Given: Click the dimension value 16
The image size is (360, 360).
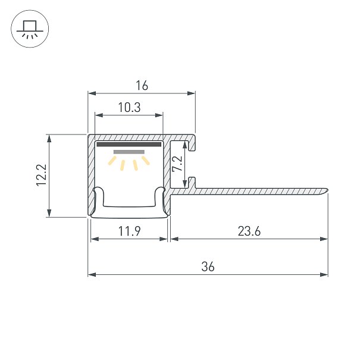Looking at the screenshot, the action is pos(142,86).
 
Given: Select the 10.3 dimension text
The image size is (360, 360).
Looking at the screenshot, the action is pos(129,108).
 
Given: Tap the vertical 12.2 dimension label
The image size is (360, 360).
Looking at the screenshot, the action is pos(42,175).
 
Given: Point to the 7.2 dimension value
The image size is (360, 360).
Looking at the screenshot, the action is pos(177,164).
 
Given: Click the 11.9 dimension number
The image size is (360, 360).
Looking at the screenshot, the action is pos(129,231).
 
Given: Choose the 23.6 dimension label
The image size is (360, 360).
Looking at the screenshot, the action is pos(249,231).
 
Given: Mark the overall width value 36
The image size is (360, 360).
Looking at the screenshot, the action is pos(208,267).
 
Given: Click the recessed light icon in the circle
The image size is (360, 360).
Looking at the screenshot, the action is pos(30,29).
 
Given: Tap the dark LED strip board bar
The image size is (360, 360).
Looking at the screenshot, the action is pos(129,145).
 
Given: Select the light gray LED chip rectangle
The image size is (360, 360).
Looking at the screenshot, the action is pos(129,152).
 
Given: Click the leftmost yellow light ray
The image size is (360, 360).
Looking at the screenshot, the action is pos(112,161).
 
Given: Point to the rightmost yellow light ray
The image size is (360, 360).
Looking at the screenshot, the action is pos(146,161).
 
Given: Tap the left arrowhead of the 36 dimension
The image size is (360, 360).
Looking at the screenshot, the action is pos(92,274).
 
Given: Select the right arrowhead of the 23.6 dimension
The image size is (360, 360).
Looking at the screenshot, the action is pos(324,239).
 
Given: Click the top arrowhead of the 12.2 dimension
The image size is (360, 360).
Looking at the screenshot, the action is pos(49,139).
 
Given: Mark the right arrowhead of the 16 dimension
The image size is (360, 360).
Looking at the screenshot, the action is pos(191,93).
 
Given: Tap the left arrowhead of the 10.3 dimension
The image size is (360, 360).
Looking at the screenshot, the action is pos(99,115).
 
